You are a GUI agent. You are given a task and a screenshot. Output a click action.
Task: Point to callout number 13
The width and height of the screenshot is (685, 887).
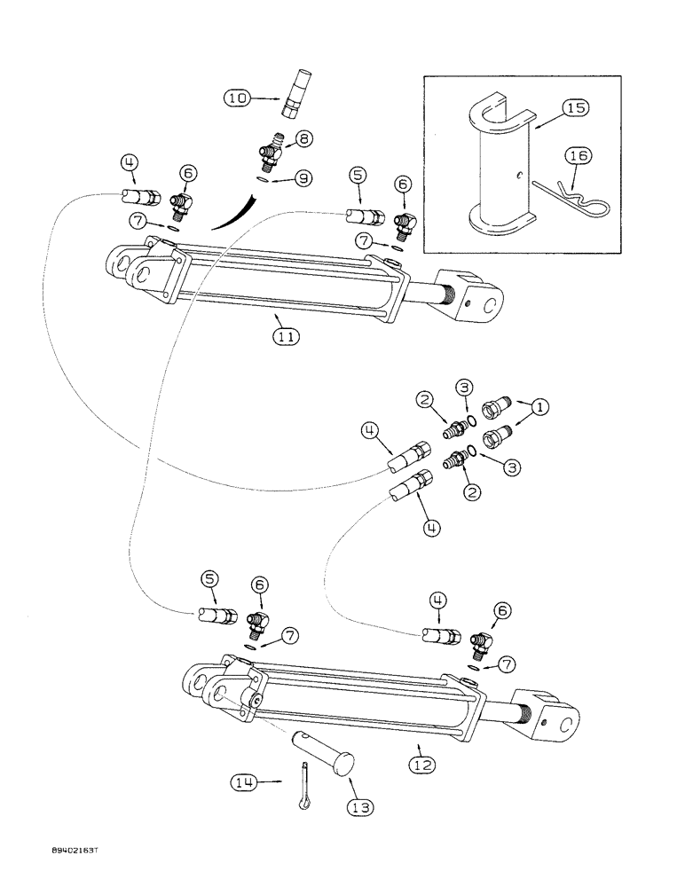(361, 807)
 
